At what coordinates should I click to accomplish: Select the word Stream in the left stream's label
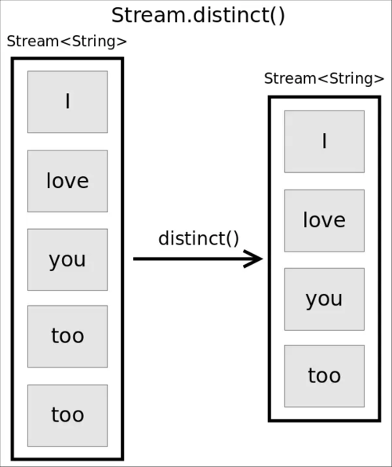[31, 42]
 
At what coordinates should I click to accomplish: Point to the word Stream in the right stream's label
[289, 78]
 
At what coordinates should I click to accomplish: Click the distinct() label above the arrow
[198, 238]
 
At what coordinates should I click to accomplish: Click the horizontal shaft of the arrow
[188, 259]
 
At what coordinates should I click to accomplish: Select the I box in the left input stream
[67, 102]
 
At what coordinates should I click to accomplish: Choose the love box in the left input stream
[67, 181]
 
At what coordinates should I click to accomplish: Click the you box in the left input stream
[67, 259]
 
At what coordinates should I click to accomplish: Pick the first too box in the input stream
[67, 336]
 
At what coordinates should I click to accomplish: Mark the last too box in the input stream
[67, 415]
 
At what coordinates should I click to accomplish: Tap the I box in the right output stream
[324, 141]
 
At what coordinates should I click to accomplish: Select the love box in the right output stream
[324, 220]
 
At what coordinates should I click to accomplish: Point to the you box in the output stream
[324, 299]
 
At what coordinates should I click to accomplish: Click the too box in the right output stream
[324, 376]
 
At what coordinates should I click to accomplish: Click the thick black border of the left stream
[13, 259]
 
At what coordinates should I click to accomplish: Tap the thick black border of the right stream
[270, 259]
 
